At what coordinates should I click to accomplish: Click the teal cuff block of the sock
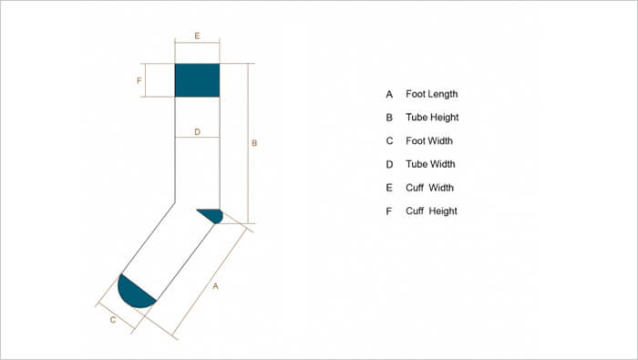tap(197, 80)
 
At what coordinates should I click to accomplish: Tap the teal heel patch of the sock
tap(212, 215)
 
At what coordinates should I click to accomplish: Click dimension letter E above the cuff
tap(197, 36)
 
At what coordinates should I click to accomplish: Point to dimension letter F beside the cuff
tap(139, 80)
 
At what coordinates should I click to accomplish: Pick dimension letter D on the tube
tap(197, 132)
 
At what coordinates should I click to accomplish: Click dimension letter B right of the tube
tap(254, 143)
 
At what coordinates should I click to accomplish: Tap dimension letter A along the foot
tap(215, 286)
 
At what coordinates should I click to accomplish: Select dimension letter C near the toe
tap(112, 320)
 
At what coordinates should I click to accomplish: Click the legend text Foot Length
tap(431, 94)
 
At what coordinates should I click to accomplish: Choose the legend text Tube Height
tap(432, 118)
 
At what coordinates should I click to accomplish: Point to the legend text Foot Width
tap(428, 141)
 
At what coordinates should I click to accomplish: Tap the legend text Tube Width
tap(430, 165)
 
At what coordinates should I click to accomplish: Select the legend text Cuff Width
tap(429, 188)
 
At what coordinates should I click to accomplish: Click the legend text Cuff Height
tap(431, 211)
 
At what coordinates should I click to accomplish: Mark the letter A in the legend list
tap(389, 94)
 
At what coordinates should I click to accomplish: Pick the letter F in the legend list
tap(389, 211)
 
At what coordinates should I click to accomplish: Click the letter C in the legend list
tap(389, 141)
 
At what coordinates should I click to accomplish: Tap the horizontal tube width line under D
tap(197, 138)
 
